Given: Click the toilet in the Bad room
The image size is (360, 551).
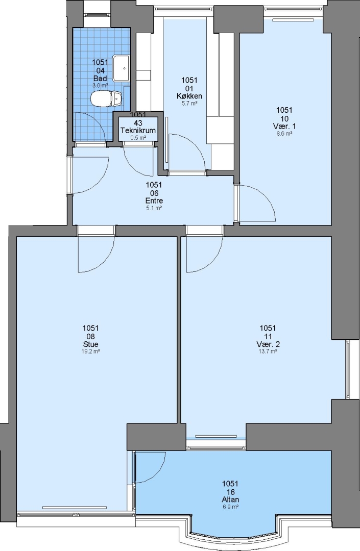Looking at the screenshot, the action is tap(106, 98).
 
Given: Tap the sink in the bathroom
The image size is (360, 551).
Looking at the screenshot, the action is tap(121, 68).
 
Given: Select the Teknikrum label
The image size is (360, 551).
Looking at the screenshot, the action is tap(138, 131).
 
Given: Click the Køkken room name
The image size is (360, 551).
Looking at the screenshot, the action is tap(189, 96).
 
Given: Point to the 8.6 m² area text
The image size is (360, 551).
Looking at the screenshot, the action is tap(284, 134).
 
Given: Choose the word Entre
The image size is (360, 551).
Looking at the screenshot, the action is tap(154, 201).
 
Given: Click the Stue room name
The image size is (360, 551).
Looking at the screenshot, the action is tap(90, 344).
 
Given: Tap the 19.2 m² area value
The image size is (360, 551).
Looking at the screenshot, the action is tap(90, 351).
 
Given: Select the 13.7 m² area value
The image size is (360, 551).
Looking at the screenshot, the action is tap(268, 351).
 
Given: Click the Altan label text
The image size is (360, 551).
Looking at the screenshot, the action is tap(230, 499).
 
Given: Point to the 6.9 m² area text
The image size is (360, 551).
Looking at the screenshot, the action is tap(230, 507).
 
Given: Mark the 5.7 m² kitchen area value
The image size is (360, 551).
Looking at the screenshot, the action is tap(189, 103).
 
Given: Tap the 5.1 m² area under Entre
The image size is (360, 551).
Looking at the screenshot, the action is tap(154, 208).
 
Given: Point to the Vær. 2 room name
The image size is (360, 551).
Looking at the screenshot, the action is tap(268, 344).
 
